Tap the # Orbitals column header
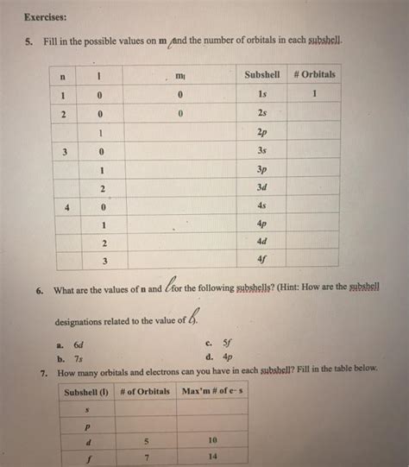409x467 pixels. pyautogui.click(x=313, y=74)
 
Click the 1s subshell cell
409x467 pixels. pyautogui.click(x=258, y=93)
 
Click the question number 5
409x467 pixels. pyautogui.click(x=28, y=41)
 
